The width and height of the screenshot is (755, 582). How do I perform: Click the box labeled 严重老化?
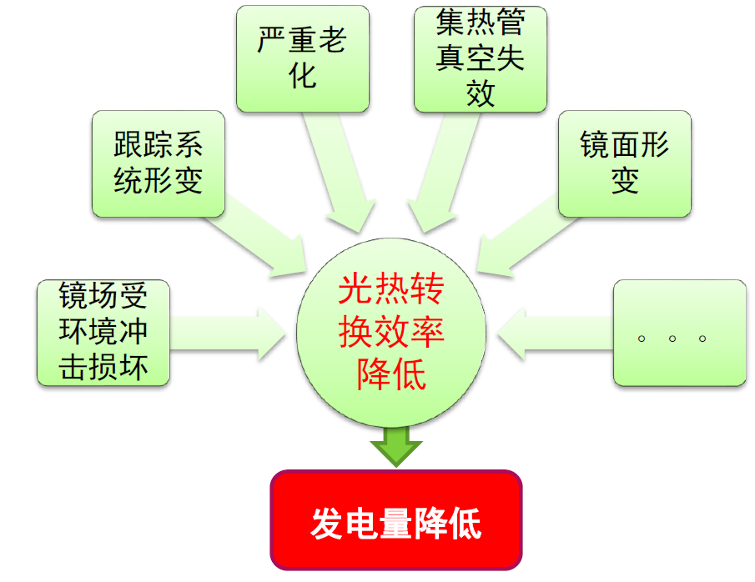click(302, 58)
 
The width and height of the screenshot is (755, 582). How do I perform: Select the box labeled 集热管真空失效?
click(480, 58)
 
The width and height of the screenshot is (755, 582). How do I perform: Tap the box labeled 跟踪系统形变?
click(159, 163)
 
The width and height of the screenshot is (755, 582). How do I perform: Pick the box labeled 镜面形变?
click(625, 163)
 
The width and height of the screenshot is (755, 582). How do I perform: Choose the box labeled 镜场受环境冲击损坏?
click(103, 333)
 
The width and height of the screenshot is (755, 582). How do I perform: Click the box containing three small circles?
click(679, 333)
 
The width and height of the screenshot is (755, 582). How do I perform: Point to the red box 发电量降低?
click(396, 520)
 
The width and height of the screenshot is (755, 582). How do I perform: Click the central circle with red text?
click(391, 333)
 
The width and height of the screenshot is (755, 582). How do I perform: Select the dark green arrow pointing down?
click(396, 446)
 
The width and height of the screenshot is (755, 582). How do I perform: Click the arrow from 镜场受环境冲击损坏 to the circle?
click(227, 334)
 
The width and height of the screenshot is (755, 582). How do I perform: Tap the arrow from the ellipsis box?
click(555, 334)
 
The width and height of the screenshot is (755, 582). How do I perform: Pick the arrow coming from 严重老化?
click(340, 171)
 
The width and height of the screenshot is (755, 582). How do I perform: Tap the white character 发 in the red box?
click(328, 524)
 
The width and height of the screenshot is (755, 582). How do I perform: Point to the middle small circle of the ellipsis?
click(672, 339)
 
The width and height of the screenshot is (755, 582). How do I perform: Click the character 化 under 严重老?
click(302, 76)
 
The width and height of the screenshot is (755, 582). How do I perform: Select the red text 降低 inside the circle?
click(391, 374)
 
